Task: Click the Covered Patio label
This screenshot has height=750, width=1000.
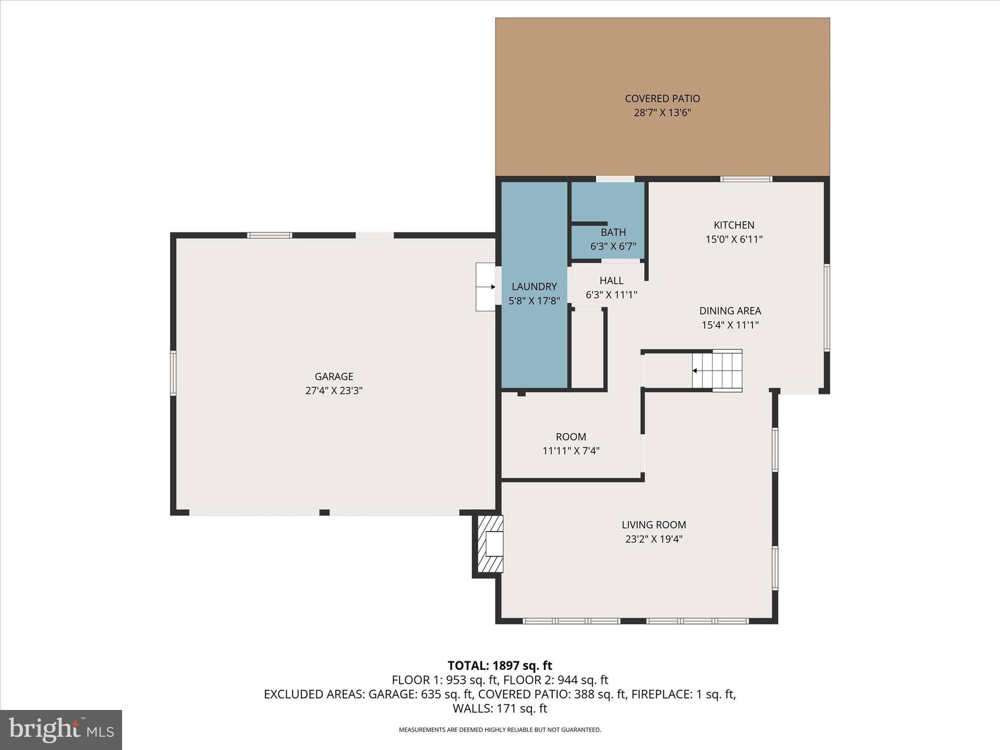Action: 662,99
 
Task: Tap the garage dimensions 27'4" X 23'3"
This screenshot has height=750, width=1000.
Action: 334,391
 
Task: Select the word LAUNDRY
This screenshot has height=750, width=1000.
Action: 534,287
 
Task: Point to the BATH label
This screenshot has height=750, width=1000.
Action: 613,232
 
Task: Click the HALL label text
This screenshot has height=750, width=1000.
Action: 611,281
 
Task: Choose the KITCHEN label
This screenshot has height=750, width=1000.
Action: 734,225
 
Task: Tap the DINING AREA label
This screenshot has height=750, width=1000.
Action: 730,311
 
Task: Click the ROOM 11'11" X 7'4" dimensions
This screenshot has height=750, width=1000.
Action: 571,451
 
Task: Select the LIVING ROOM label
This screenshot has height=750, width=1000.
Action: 654,525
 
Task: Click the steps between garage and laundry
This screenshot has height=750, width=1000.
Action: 485,287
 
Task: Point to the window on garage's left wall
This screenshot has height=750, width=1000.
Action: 173,373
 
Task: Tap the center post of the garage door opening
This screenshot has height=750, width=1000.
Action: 324,512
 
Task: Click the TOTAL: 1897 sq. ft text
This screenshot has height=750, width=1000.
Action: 500,666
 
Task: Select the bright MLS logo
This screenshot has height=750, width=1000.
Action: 61,730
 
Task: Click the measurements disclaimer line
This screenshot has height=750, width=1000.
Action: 500,730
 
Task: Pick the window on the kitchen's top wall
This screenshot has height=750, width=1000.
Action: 746,179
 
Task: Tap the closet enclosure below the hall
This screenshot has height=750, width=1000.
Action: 587,349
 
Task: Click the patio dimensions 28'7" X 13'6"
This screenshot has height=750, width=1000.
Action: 662,113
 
